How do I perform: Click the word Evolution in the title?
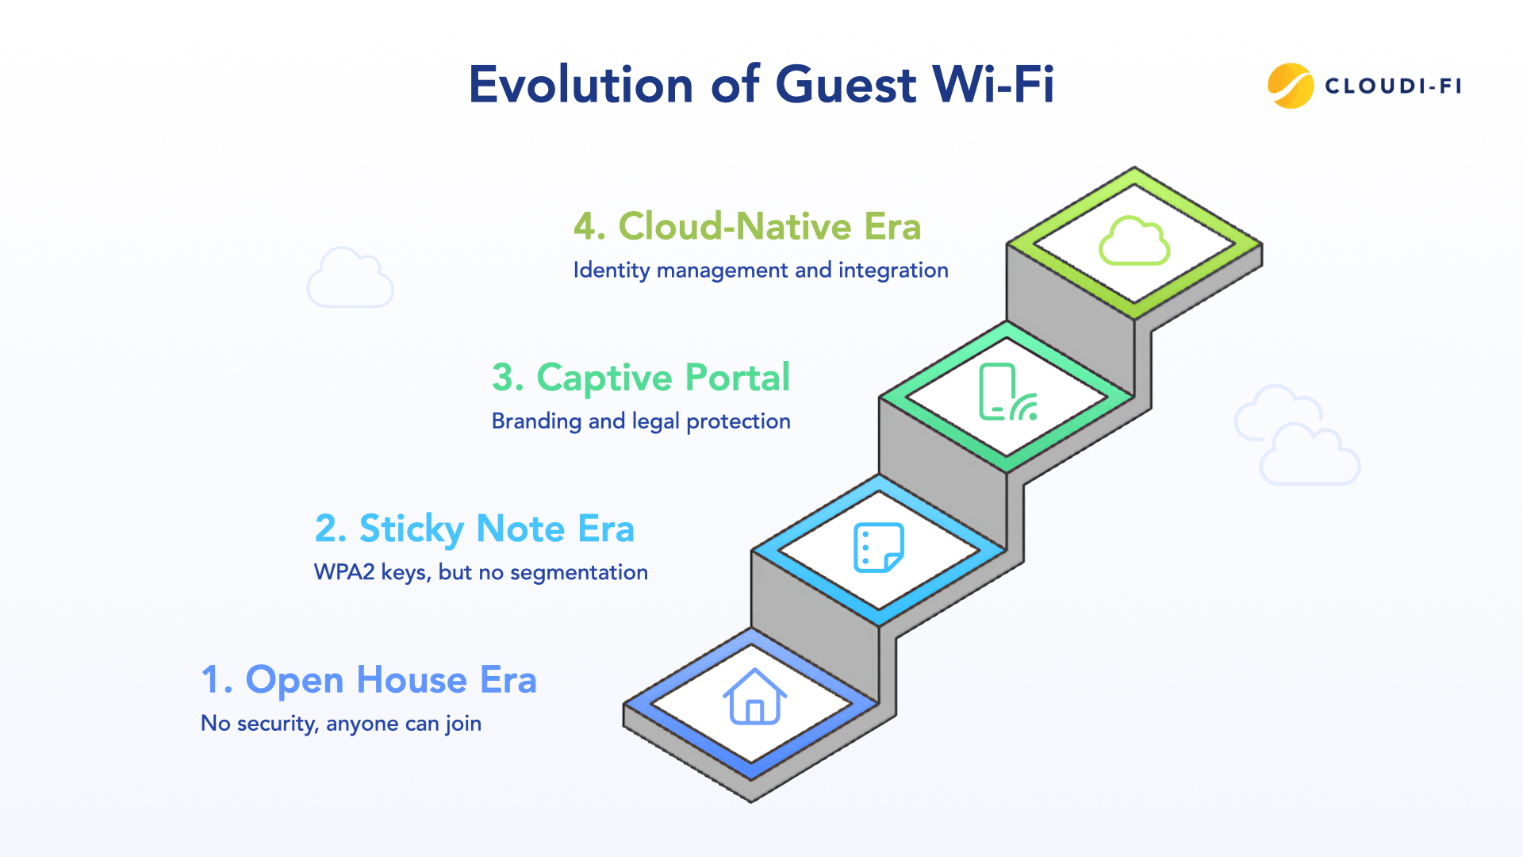(581, 85)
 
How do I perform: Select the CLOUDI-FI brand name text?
(1393, 86)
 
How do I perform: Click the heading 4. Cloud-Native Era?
(746, 226)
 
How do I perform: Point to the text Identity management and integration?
(760, 271)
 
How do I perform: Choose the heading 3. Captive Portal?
(640, 378)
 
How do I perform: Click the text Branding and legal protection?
(640, 421)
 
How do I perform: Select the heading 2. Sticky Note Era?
(474, 529)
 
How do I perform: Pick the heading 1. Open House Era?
(369, 680)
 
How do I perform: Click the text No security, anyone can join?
(341, 724)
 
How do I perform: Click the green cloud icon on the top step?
(1134, 241)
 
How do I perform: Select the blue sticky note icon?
(878, 548)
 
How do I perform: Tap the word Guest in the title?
(846, 85)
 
